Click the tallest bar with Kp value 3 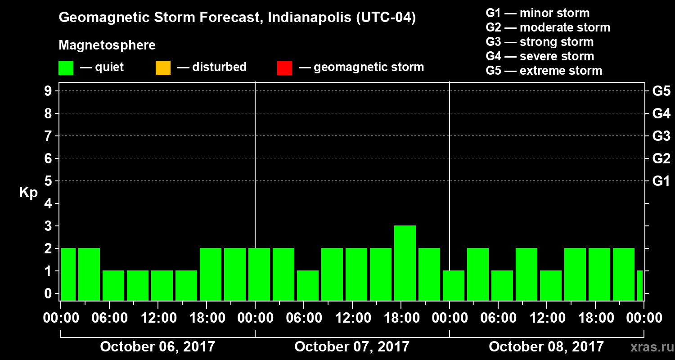(x=405, y=263)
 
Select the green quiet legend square (x=66, y=68)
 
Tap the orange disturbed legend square (x=163, y=68)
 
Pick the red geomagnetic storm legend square (x=284, y=68)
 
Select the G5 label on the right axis (x=661, y=91)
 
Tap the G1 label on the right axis (x=661, y=181)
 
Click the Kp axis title (x=28, y=193)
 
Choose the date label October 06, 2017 (x=157, y=347)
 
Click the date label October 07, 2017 (x=352, y=347)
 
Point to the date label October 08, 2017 (x=546, y=347)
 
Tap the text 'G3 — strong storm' (x=540, y=42)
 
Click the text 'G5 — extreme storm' (x=544, y=71)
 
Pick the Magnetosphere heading (x=107, y=45)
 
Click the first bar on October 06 (x=68, y=274)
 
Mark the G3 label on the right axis (x=661, y=136)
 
